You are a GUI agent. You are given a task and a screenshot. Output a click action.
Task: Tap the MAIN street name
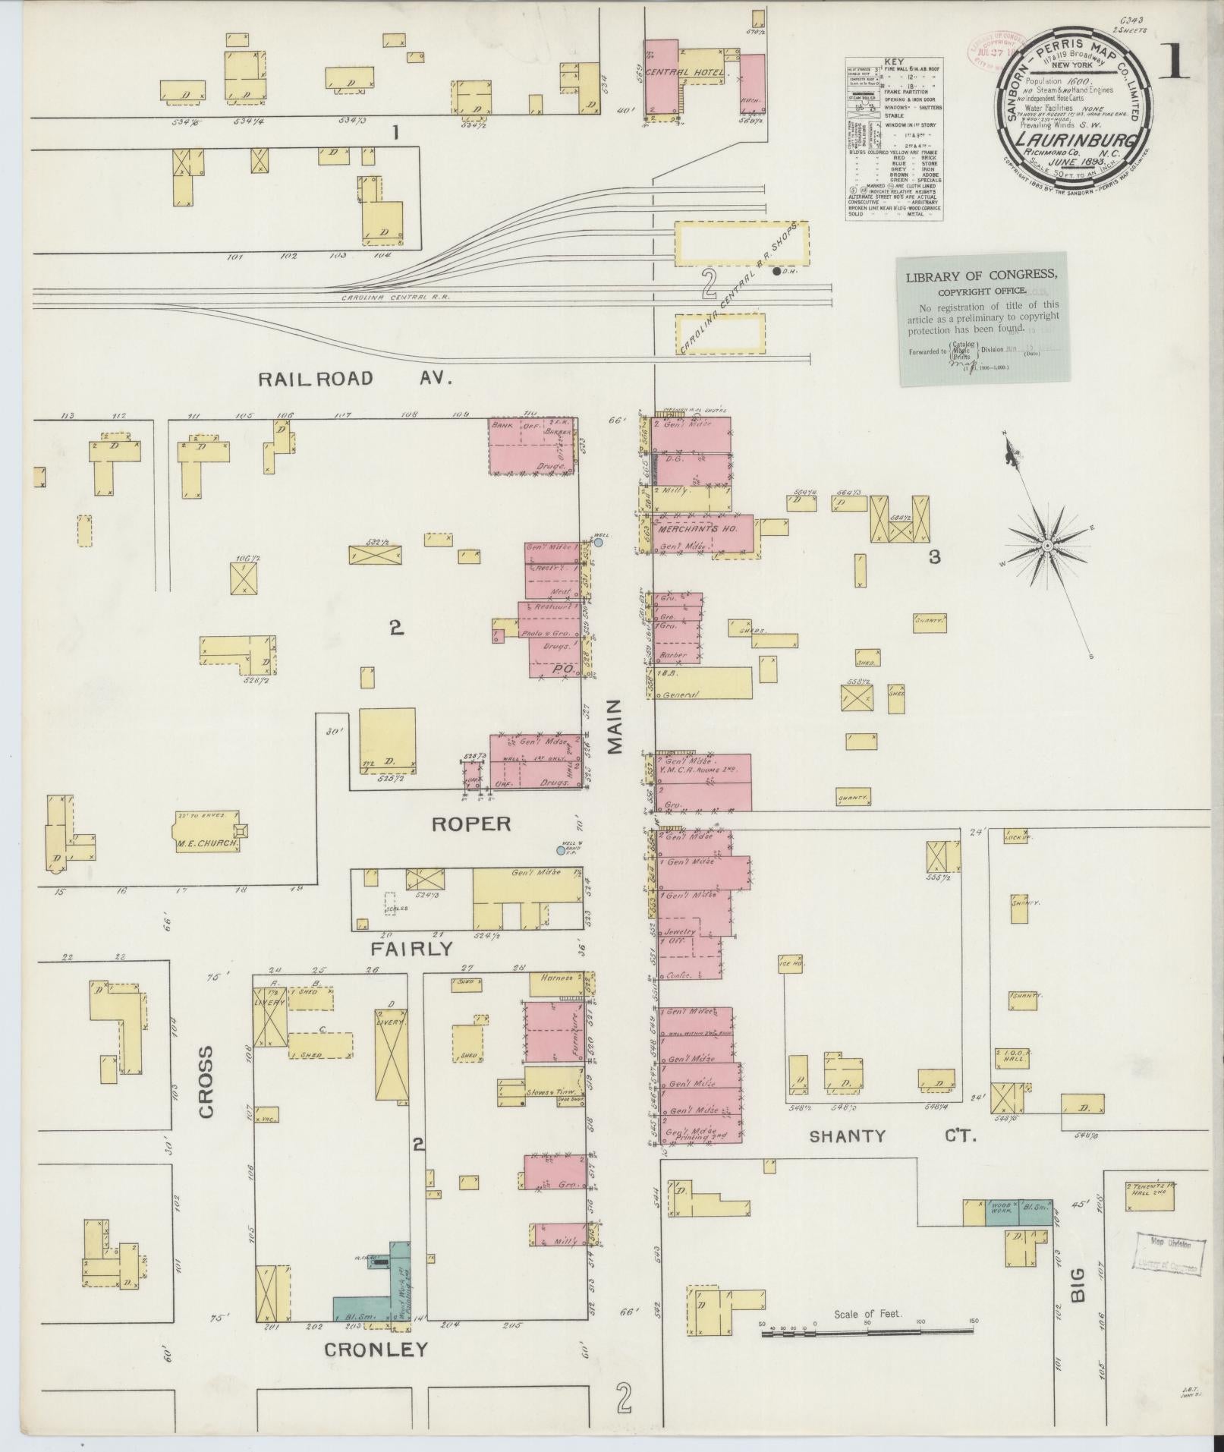click(x=615, y=726)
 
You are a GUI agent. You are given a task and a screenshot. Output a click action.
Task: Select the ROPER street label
click(x=471, y=824)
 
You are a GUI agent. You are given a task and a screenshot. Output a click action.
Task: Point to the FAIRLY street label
click(x=411, y=949)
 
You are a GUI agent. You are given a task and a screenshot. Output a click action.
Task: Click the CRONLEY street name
click(x=376, y=1349)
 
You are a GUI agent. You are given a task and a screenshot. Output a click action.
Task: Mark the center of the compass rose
click(x=1047, y=546)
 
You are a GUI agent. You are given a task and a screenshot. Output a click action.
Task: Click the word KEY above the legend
click(x=895, y=62)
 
